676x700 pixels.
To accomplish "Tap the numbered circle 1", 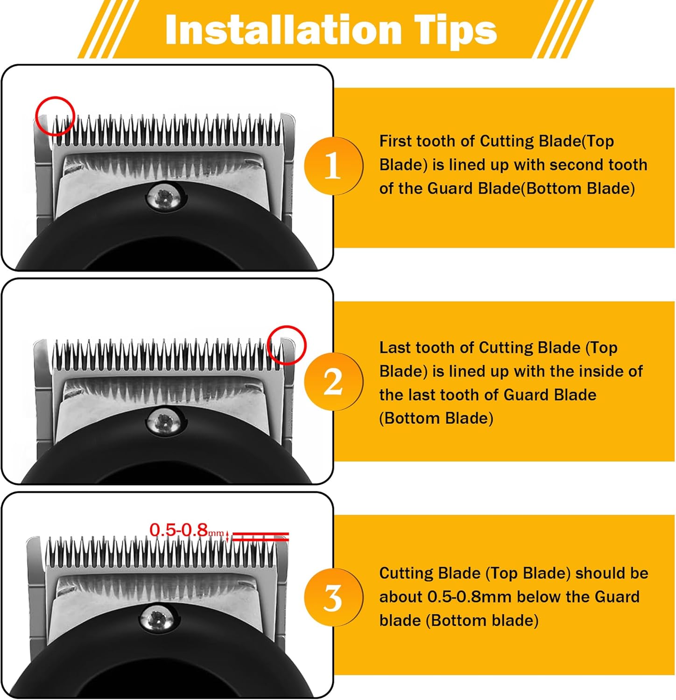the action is (333, 166).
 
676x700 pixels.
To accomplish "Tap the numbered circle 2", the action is (333, 382).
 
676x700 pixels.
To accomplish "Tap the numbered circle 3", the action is (333, 598).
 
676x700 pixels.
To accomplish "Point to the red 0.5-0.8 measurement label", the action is (187, 530).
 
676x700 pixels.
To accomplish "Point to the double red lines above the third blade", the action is (261, 536).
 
